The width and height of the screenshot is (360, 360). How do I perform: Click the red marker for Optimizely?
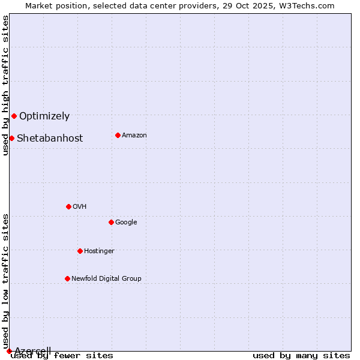click(14, 116)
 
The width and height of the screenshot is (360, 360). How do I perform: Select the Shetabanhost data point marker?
click(11, 138)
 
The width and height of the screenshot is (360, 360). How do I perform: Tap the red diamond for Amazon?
click(118, 135)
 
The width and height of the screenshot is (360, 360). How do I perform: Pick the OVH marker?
click(68, 206)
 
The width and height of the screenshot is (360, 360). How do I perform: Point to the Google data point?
click(111, 222)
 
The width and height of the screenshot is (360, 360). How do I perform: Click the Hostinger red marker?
click(80, 251)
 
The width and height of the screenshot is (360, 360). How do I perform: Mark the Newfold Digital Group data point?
click(67, 278)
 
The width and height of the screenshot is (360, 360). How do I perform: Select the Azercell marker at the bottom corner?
click(9, 351)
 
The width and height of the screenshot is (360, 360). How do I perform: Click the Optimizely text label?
click(44, 116)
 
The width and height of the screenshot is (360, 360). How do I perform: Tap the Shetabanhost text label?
click(50, 138)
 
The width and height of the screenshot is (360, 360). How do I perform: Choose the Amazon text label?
click(134, 135)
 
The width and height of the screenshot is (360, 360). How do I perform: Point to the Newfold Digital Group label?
click(106, 278)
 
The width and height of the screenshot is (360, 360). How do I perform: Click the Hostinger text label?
click(99, 251)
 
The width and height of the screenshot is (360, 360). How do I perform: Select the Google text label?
click(126, 222)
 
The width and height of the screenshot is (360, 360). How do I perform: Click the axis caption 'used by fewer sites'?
click(62, 355)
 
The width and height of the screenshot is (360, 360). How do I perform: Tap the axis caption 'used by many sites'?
click(301, 355)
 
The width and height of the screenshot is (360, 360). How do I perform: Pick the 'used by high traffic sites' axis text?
click(6, 85)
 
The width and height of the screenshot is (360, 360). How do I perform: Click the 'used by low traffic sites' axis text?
click(6, 281)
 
